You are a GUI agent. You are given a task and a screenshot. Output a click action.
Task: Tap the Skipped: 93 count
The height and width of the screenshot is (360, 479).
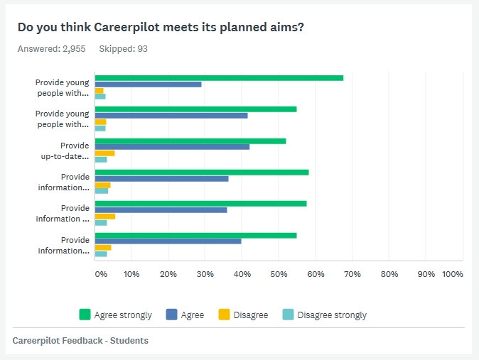(123, 49)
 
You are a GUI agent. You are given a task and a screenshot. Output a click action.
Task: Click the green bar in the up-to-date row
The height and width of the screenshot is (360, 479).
(190, 141)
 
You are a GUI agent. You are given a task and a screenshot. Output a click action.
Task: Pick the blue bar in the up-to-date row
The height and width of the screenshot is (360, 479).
(173, 147)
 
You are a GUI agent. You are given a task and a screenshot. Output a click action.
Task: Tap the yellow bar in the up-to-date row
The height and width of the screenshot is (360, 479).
(105, 153)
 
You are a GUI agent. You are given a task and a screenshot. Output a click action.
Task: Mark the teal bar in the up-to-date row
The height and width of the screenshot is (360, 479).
(102, 160)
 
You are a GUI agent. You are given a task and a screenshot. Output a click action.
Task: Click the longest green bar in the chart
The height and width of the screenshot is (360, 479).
(220, 78)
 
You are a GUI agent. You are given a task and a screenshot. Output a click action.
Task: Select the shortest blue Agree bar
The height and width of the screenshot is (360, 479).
(149, 84)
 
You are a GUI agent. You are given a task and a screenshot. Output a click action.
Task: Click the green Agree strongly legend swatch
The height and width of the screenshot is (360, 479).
(85, 315)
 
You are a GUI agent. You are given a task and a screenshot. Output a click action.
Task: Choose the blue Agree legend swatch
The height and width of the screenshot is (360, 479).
(171, 315)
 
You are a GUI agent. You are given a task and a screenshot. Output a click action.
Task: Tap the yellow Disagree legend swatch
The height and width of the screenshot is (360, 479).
(223, 315)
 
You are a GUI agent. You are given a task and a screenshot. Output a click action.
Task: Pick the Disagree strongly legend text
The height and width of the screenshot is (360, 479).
(332, 315)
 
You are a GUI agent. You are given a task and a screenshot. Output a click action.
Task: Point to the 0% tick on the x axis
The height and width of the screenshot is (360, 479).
(101, 273)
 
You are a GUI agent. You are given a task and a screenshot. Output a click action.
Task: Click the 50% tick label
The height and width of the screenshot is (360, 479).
(279, 273)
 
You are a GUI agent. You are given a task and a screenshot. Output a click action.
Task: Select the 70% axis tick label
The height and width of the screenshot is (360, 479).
(352, 273)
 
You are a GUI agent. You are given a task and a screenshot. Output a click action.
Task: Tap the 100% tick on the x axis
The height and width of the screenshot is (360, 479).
(453, 273)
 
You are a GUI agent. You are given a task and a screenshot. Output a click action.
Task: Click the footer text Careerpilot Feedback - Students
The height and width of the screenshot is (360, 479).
(80, 341)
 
